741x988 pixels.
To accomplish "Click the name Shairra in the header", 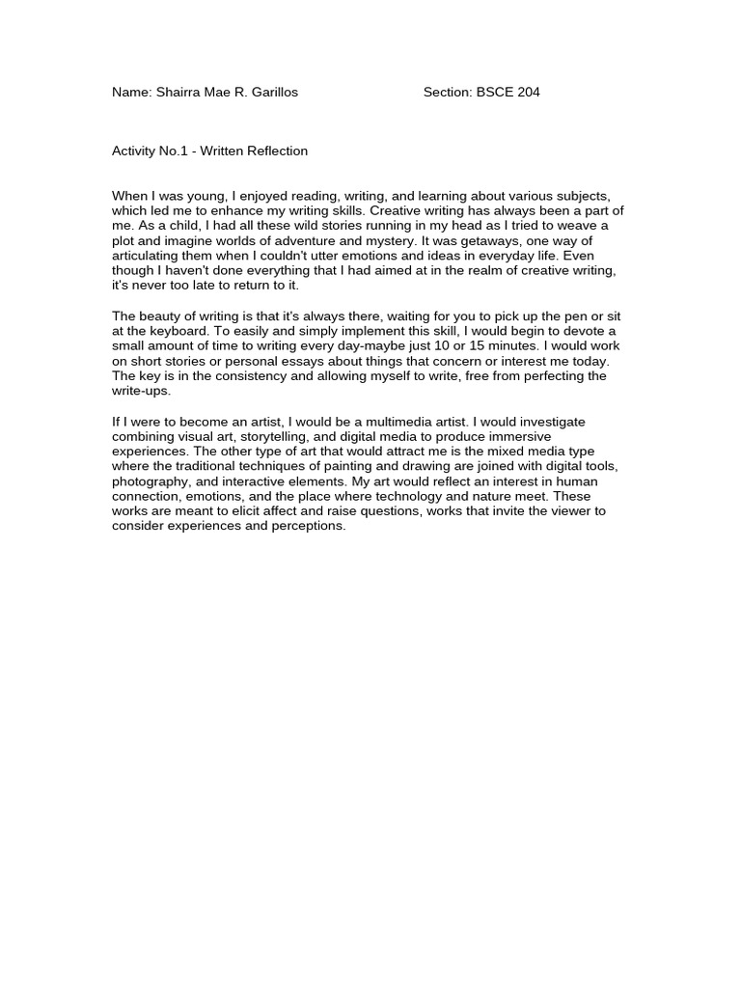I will pyautogui.click(x=183, y=93).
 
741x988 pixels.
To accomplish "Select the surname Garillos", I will pyautogui.click(x=272, y=93).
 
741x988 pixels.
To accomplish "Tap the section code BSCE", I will pyautogui.click(x=495, y=93).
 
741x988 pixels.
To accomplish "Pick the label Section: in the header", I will pyautogui.click(x=447, y=93).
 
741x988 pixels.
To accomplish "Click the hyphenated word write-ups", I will pyautogui.click(x=141, y=391).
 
